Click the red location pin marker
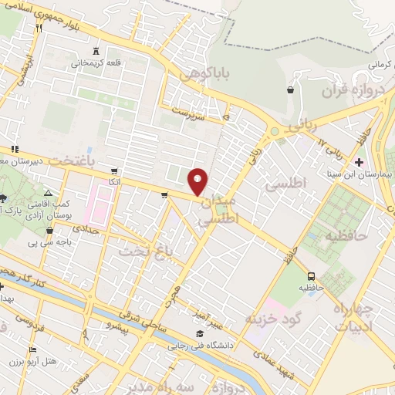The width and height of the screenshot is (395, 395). click(198, 181)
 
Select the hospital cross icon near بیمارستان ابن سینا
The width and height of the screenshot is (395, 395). click(358, 162)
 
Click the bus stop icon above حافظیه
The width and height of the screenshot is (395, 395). click(310, 275)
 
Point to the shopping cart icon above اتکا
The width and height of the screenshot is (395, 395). click(115, 171)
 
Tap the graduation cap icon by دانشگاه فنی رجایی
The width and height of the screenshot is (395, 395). click(200, 333)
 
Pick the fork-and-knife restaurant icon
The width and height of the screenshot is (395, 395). click(38, 27)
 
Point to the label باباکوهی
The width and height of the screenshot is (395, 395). click(204, 74)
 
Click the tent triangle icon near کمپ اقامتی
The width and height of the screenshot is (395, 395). click(48, 193)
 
